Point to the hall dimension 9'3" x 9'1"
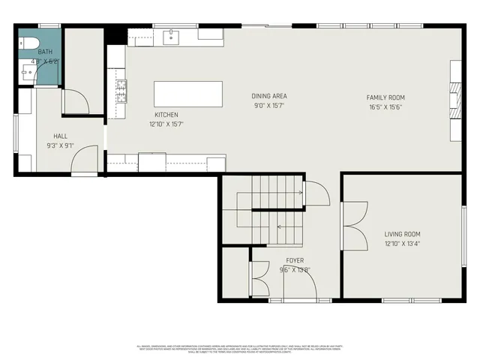(x=60, y=145)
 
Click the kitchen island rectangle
(x=188, y=94)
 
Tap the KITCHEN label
(x=166, y=115)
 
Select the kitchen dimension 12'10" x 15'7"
(x=166, y=124)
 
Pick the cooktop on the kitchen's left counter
(x=120, y=91)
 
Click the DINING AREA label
(x=268, y=96)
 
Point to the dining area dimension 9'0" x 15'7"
(x=268, y=105)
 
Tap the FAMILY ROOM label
(x=385, y=97)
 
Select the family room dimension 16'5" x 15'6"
(x=385, y=107)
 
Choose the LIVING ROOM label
(x=403, y=234)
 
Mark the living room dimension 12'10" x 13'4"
(x=403, y=243)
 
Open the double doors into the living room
(x=352, y=225)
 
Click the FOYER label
(x=295, y=261)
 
